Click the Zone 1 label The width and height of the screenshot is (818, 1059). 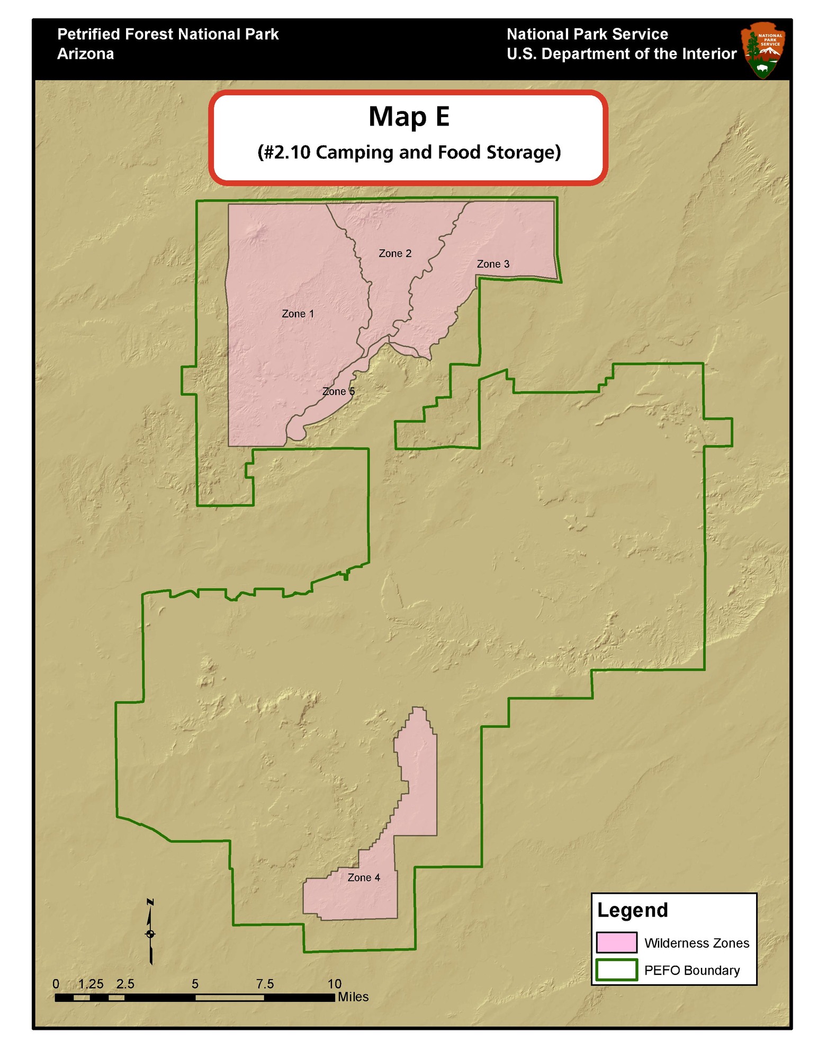298,314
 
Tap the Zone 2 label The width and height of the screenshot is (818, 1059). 395,254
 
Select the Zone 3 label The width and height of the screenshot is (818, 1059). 493,264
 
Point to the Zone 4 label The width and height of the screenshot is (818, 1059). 364,877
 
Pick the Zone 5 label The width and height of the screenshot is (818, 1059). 338,391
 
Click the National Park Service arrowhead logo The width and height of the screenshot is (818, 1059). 763,50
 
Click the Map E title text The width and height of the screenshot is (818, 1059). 409,117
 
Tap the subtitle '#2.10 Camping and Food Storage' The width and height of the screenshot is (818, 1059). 409,153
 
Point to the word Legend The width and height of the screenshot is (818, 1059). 632,910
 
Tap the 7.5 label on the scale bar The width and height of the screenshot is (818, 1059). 265,984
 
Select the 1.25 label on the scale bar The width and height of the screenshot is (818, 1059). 91,984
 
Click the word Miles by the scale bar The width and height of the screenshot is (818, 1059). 353,997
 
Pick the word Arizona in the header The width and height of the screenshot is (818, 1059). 85,54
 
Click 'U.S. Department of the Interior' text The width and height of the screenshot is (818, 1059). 622,54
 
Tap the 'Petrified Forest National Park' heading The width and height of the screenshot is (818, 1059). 168,34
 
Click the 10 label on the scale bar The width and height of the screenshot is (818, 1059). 334,984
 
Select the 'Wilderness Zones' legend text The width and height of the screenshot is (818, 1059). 696,943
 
